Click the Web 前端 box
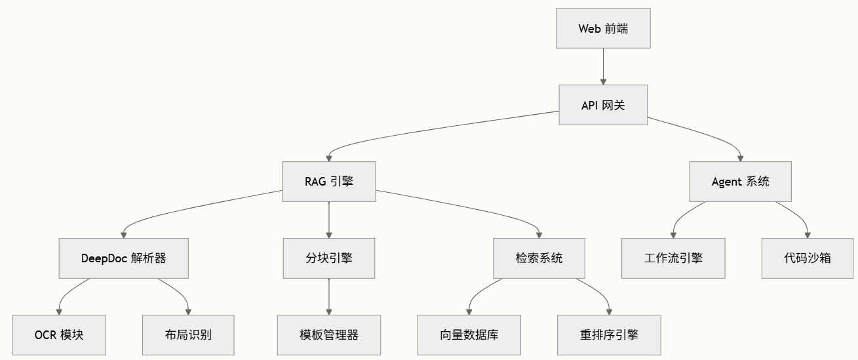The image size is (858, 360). pos(603,28)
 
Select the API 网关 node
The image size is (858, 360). pos(603,105)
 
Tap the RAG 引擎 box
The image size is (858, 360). pos(328,182)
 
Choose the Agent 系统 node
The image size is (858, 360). pos(740,182)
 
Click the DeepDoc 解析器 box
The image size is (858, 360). pos(123,258)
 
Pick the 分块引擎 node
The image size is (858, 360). pos(328,258)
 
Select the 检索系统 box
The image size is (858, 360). pos(539,258)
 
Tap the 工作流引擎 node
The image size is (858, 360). pos(673,258)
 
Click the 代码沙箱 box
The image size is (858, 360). pos(807,258)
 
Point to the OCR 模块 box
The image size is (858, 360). pos(59,334)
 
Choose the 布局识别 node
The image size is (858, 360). pos(188,334)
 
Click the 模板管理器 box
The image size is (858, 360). pos(328,334)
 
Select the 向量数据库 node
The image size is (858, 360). pos(469,334)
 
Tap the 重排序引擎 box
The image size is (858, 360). pos(609,334)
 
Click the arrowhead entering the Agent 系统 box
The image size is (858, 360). pos(740,157)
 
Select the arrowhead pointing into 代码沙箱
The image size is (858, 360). pos(807,234)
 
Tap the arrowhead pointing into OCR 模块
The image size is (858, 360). pos(59,311)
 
